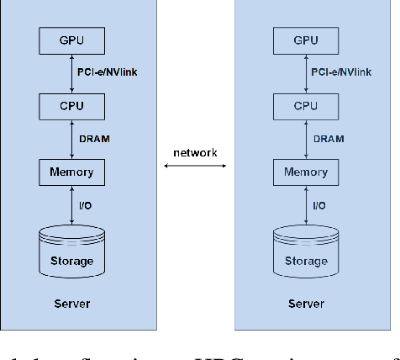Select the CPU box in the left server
click(x=71, y=106)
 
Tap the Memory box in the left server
click(x=71, y=172)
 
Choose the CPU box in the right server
click(x=306, y=106)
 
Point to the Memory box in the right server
click(x=306, y=172)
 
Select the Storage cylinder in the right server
click(x=306, y=253)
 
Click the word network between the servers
click(x=195, y=152)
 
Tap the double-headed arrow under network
click(x=195, y=168)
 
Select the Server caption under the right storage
click(x=306, y=303)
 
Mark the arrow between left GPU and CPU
click(x=71, y=72)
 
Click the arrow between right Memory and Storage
click(x=306, y=205)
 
